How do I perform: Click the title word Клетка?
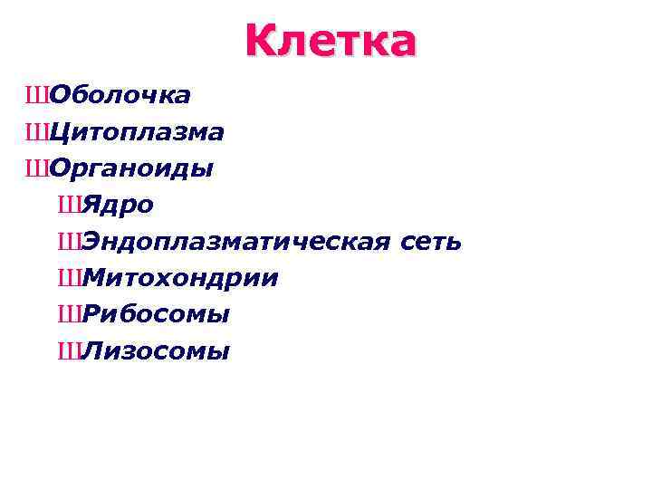click(331, 41)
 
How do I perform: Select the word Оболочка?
click(120, 95)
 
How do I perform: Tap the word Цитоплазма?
click(137, 132)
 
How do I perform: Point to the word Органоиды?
click(131, 168)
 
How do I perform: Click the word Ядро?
click(118, 206)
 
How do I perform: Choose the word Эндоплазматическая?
click(236, 242)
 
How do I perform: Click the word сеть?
click(430, 242)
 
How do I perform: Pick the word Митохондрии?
click(179, 278)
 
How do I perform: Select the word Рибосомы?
click(156, 314)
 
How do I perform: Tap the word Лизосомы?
click(156, 350)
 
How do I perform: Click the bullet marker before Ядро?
click(69, 206)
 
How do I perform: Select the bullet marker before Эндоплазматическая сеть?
click(69, 242)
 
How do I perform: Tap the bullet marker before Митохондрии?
click(69, 278)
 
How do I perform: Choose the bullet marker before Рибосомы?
click(69, 314)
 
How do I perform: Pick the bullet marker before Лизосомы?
click(69, 350)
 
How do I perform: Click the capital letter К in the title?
click(260, 41)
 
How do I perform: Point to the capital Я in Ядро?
click(91, 206)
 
